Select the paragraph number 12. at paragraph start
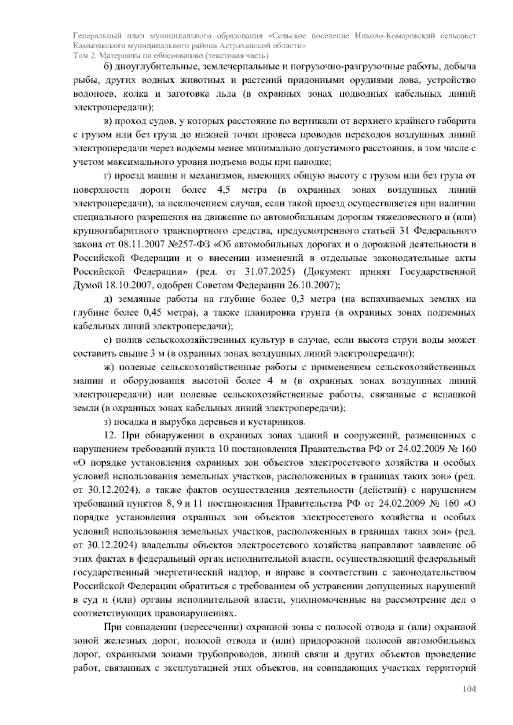[x=110, y=436]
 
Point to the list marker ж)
[x=110, y=367]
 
